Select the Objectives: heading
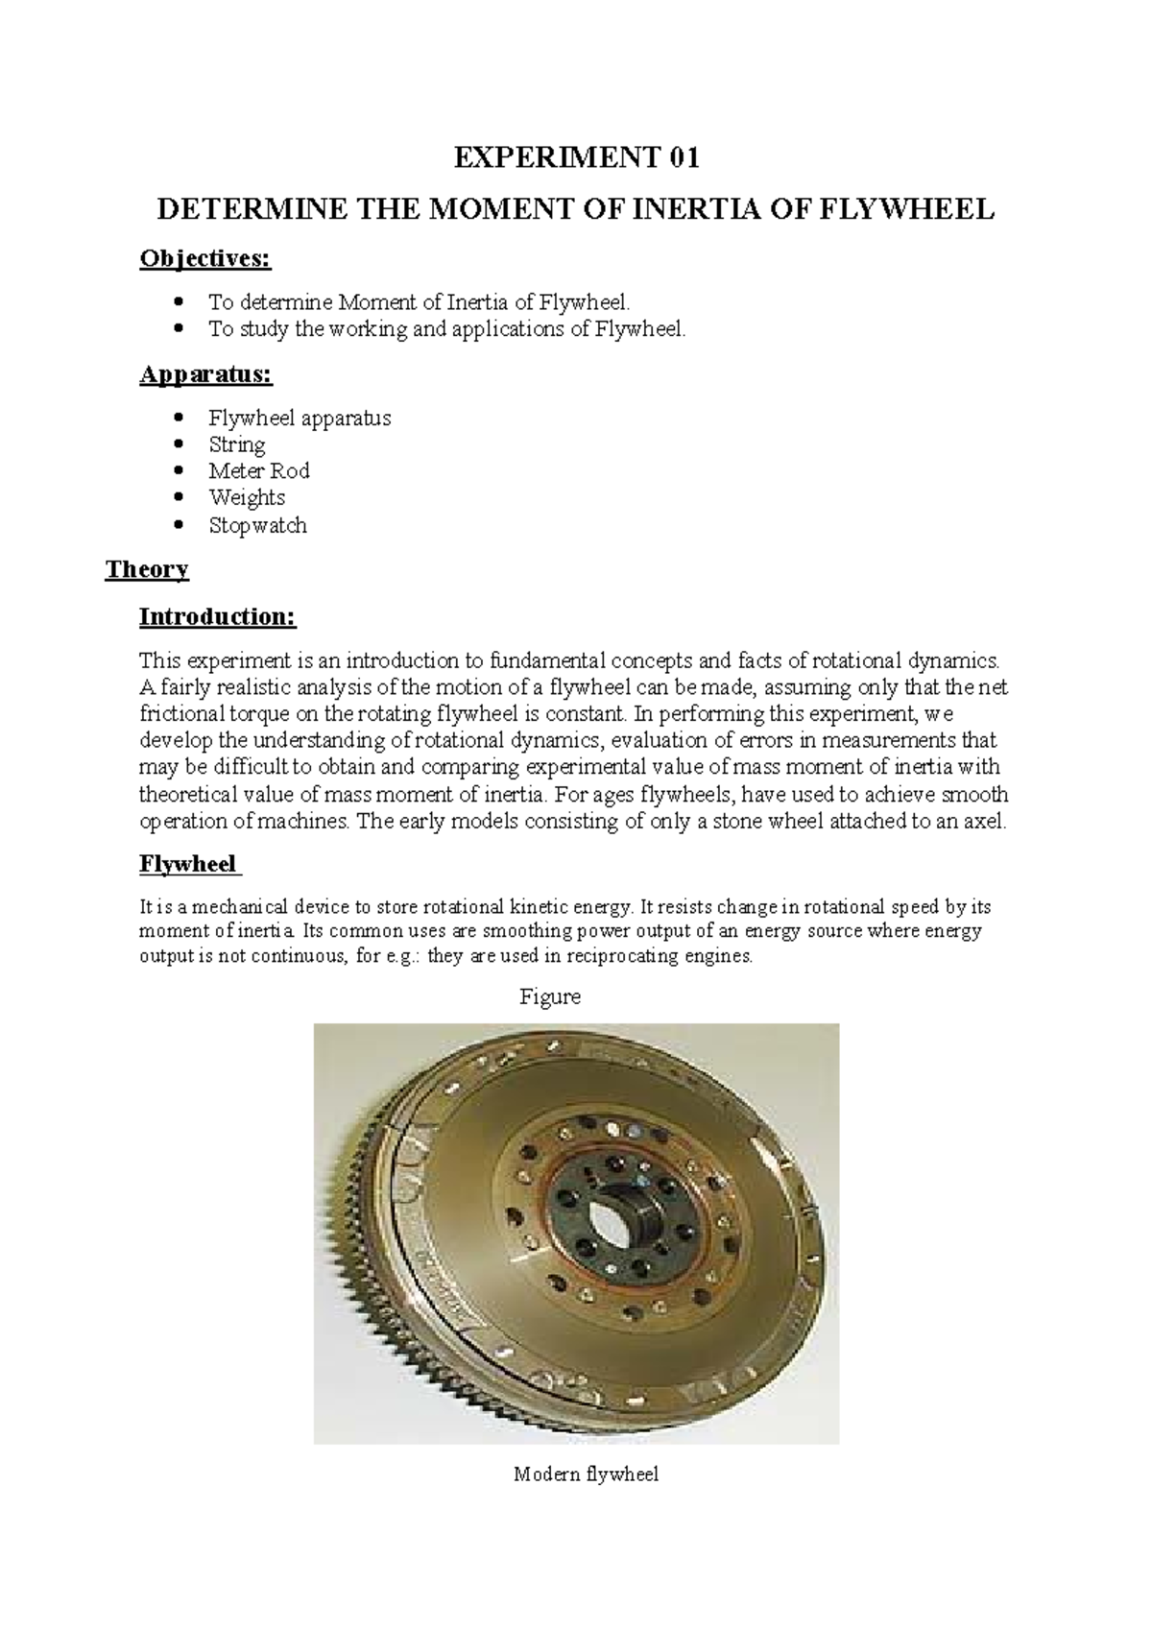click(205, 258)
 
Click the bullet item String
click(237, 444)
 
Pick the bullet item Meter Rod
click(258, 471)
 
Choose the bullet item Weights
click(247, 497)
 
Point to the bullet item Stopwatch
click(257, 525)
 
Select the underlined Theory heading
click(147, 569)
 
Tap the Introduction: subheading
click(218, 616)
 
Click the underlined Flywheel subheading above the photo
click(188, 864)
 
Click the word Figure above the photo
click(550, 997)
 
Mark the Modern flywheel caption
click(586, 1474)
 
